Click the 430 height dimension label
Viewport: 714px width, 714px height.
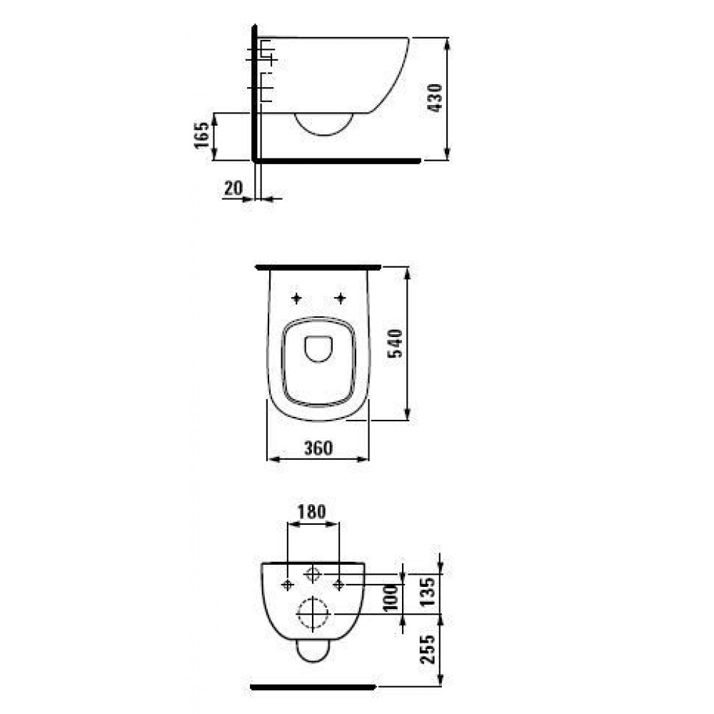tap(436, 98)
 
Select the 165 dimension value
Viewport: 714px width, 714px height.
tap(202, 135)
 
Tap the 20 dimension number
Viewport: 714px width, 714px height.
tap(233, 188)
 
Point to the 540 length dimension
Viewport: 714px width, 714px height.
tap(395, 343)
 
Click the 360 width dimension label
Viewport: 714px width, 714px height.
tap(318, 448)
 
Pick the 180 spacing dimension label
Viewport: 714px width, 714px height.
tap(312, 512)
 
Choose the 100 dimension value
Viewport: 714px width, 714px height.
tap(391, 598)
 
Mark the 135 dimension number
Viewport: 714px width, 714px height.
tap(428, 591)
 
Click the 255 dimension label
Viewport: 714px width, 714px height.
tap(428, 649)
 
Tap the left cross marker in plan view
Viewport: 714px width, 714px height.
tap(296, 298)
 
